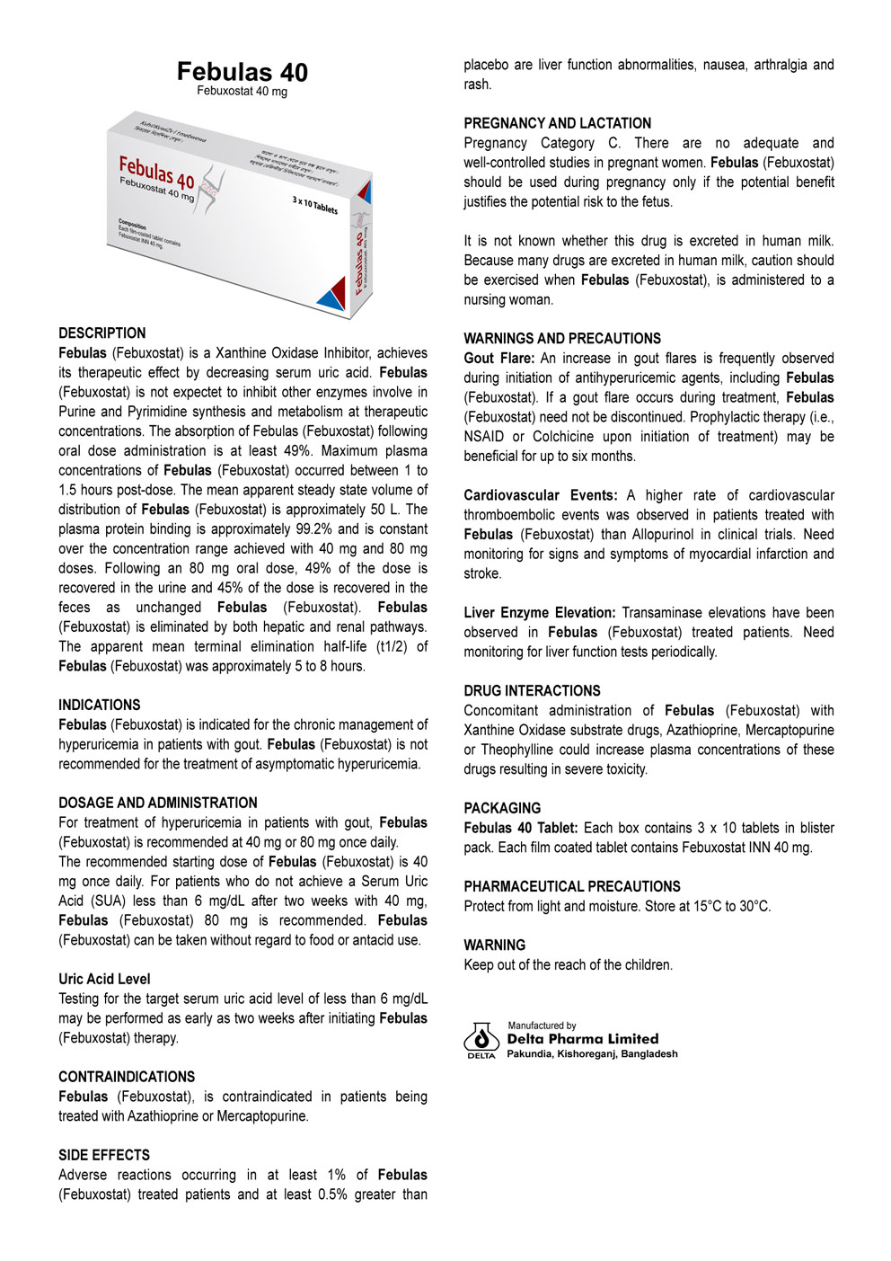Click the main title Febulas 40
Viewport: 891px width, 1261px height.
click(242, 72)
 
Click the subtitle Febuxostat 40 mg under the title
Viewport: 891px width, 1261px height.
click(242, 92)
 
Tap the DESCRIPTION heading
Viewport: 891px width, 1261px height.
click(101, 333)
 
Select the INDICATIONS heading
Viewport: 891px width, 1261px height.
click(99, 705)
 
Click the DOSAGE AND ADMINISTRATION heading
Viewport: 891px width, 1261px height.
click(157, 803)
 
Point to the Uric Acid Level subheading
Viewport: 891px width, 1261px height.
click(104, 979)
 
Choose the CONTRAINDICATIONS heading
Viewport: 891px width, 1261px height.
click(126, 1076)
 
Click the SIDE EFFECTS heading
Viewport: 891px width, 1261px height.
click(104, 1155)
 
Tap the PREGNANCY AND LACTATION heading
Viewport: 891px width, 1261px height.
click(557, 123)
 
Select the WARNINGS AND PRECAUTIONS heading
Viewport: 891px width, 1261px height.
click(561, 338)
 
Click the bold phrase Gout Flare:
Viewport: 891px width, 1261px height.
click(498, 358)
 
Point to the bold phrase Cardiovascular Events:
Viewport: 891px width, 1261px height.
click(540, 495)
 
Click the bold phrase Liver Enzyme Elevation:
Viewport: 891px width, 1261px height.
click(539, 612)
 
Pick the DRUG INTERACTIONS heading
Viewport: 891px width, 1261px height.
click(532, 690)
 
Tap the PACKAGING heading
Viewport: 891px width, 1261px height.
click(502, 808)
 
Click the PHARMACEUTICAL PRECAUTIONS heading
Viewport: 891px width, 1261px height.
click(571, 886)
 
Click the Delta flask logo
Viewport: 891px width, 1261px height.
click(481, 1039)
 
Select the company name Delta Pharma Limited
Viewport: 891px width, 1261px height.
click(582, 1039)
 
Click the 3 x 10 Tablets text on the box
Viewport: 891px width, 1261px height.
click(314, 205)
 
